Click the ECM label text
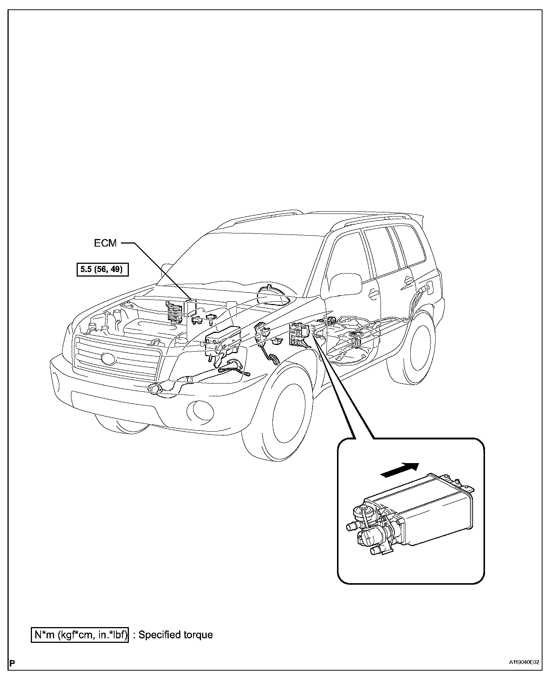tap(105, 243)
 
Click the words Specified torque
tap(175, 635)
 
